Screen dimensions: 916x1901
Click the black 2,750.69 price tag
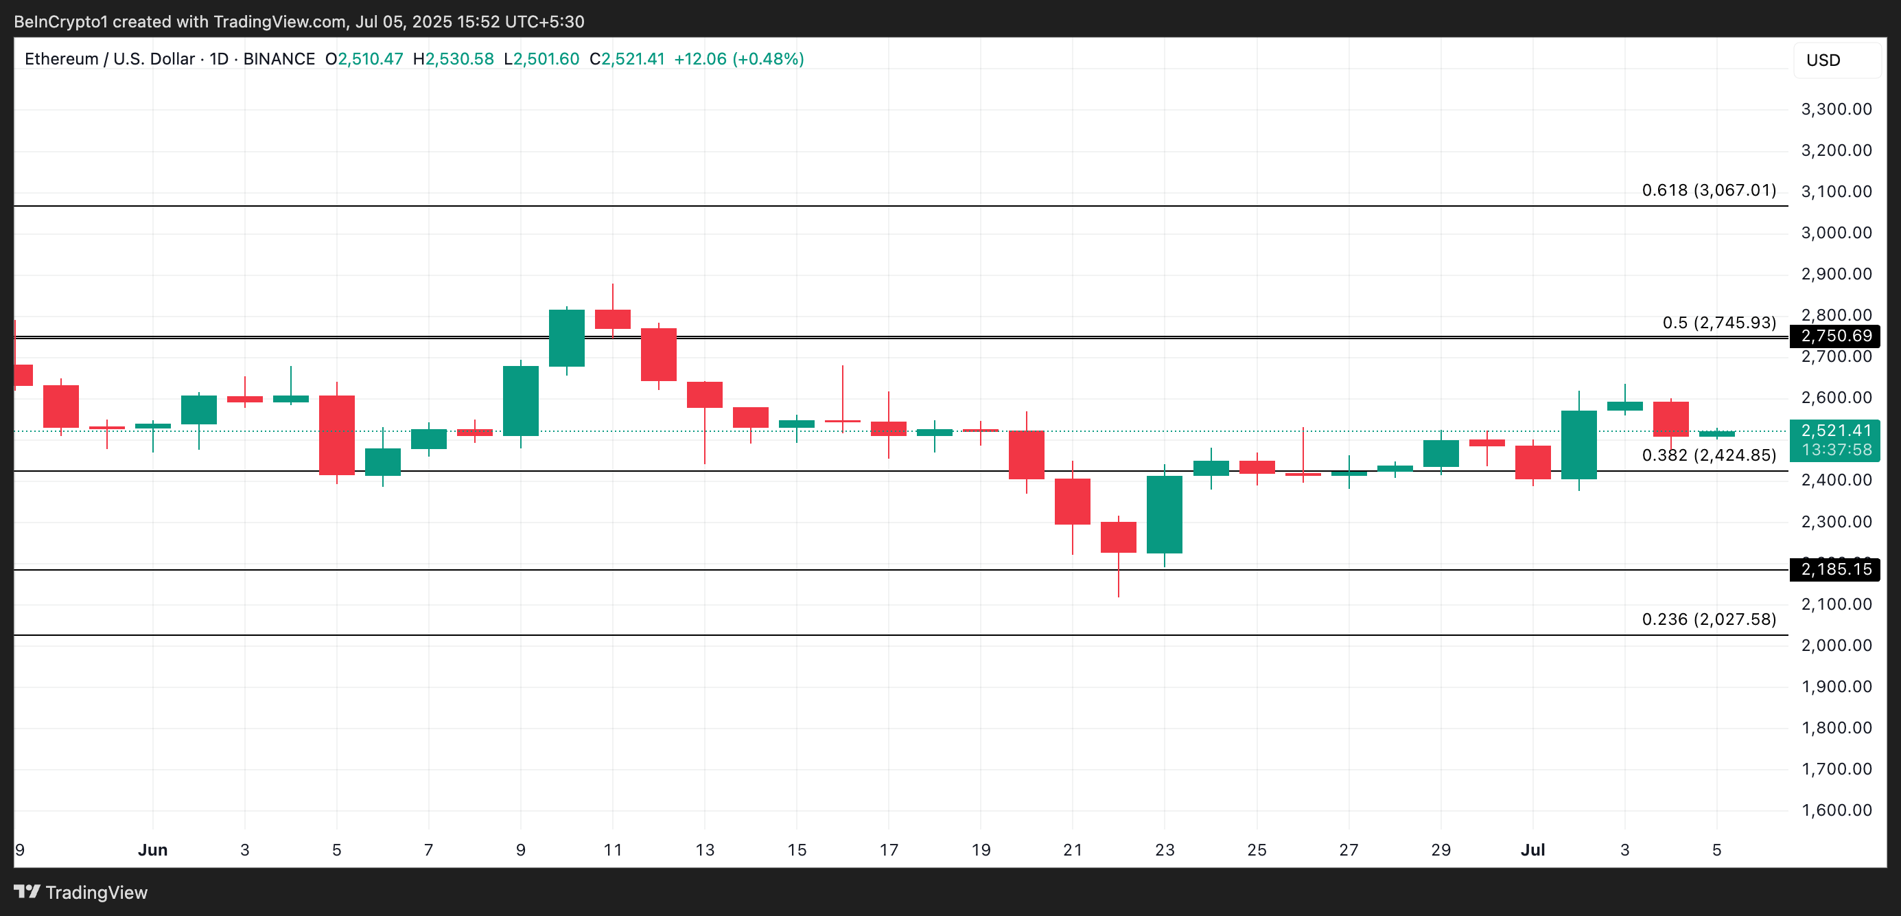tap(1834, 336)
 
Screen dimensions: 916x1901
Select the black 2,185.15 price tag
tap(1834, 569)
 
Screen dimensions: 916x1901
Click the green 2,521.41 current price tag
tap(1834, 431)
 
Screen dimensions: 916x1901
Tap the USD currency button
tap(1823, 60)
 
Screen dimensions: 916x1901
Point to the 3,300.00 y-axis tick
tap(1836, 109)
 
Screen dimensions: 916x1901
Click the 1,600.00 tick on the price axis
tap(1836, 810)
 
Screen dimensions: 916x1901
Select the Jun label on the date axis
tap(153, 849)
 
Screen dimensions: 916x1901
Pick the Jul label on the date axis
tap(1532, 849)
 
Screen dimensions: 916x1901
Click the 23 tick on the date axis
tap(1165, 849)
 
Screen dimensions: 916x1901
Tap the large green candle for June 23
tap(1165, 514)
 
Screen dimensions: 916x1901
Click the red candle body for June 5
tap(336, 435)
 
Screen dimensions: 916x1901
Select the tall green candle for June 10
tap(567, 338)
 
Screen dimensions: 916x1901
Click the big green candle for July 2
tap(1578, 445)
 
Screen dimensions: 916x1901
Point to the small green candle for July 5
tap(1716, 434)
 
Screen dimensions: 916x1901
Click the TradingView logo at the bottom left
tap(81, 893)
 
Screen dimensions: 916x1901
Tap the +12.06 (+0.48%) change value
tap(738, 59)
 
